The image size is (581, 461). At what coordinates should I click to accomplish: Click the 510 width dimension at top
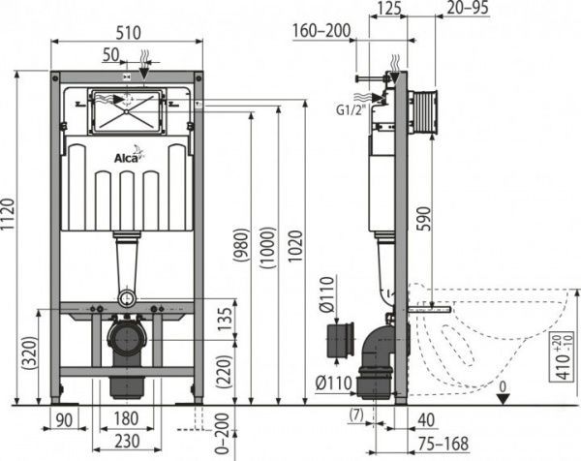(126, 29)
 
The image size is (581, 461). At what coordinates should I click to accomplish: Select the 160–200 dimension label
(321, 31)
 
